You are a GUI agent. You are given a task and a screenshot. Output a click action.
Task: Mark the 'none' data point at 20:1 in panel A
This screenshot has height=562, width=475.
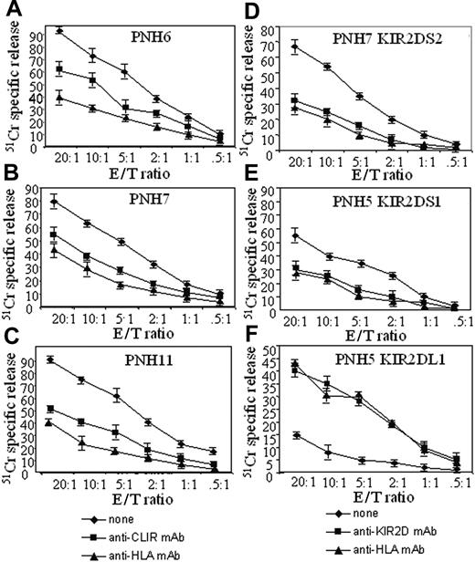(59, 30)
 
